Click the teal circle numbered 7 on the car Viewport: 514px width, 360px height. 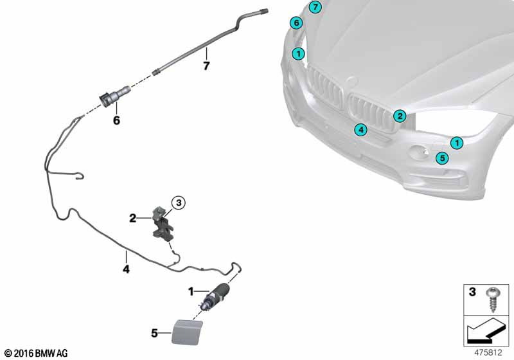tap(314, 8)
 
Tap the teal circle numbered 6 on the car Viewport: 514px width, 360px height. tap(296, 23)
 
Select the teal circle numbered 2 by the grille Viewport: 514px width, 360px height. tap(400, 116)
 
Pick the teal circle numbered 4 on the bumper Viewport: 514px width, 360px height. tap(362, 130)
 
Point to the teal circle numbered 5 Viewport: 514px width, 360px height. tap(442, 158)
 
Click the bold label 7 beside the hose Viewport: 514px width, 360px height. tap(206, 66)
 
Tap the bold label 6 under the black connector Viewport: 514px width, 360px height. tap(116, 120)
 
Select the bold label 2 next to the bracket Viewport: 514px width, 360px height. tap(133, 219)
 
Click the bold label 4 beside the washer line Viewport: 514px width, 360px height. tap(126, 270)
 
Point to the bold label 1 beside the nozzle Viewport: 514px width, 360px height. tap(190, 292)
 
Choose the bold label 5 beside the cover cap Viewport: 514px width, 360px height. tap(154, 333)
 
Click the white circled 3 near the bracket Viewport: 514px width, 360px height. tap(179, 203)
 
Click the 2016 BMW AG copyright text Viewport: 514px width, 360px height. tap(35, 353)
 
